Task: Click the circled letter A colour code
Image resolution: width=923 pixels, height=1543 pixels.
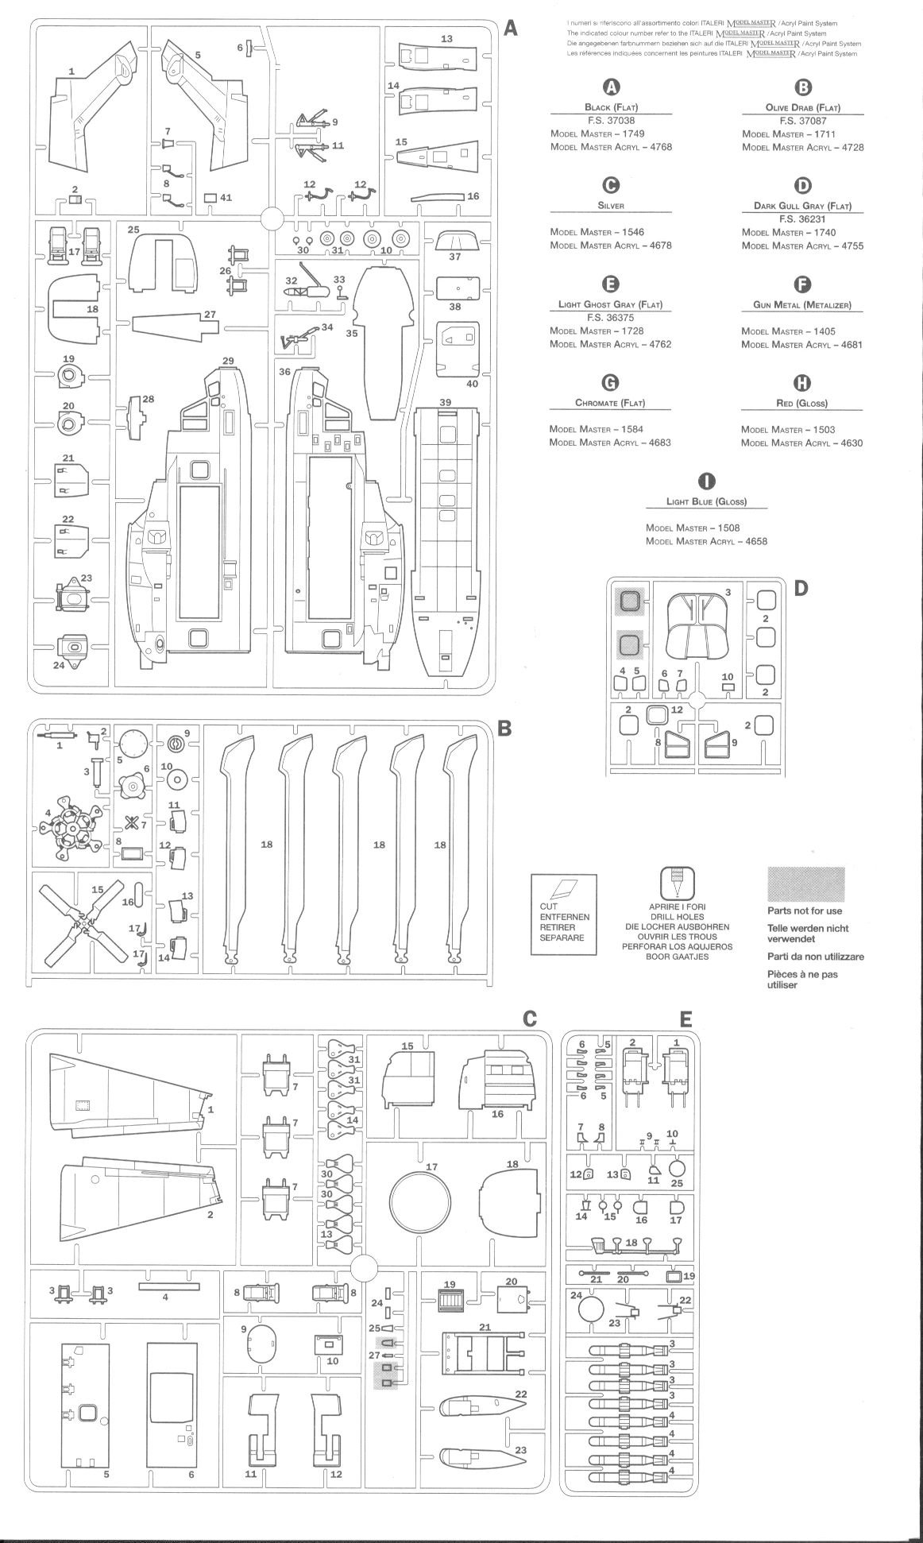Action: (611, 87)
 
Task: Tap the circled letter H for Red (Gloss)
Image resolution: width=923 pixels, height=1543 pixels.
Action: (802, 383)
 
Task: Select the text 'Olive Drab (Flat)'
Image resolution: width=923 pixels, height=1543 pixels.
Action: (802, 107)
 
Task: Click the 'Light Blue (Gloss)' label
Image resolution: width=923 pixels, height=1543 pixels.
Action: (706, 502)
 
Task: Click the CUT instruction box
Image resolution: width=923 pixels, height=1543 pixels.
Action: (563, 915)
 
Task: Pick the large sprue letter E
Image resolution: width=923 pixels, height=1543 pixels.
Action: (685, 1019)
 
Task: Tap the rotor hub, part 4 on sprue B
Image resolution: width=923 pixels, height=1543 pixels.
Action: (67, 830)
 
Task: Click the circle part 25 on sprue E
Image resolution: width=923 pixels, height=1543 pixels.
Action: (677, 1168)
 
